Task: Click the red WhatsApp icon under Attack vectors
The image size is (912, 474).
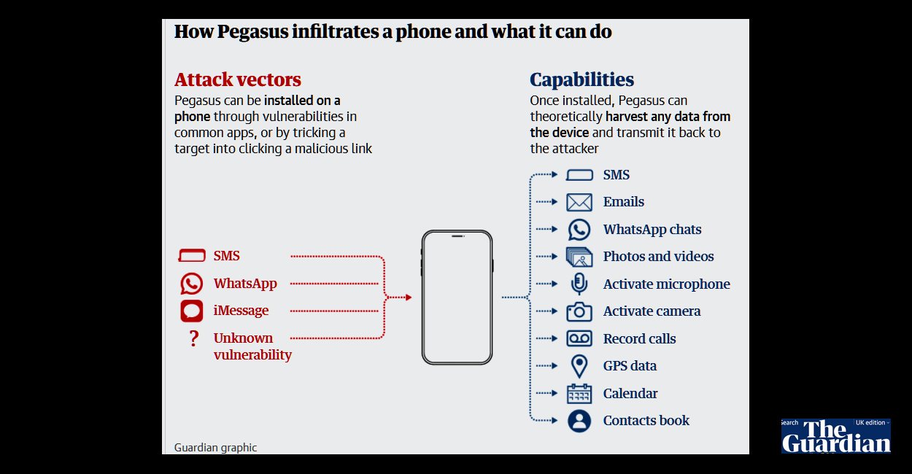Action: tap(191, 284)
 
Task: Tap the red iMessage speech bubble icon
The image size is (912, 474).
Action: tap(191, 311)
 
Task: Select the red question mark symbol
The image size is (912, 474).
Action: tap(194, 338)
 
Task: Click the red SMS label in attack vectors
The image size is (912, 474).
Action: tap(226, 256)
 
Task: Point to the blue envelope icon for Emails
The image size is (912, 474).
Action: tap(579, 202)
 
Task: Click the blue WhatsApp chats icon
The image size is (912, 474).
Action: tap(579, 230)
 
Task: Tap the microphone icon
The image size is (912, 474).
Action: tap(579, 284)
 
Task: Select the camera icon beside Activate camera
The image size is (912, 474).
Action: tap(579, 311)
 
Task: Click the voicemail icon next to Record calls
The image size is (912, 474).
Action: tap(579, 338)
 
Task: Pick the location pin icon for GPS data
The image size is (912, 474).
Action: tap(579, 366)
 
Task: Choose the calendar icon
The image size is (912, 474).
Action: tap(579, 394)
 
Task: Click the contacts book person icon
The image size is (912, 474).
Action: tap(579, 421)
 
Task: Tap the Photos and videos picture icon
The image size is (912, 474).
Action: tap(579, 257)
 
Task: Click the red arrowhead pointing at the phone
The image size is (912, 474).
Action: tap(409, 298)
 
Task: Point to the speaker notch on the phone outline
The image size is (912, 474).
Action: tap(458, 236)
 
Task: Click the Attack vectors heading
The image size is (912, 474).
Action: tap(238, 79)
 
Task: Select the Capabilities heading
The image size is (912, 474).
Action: tap(581, 79)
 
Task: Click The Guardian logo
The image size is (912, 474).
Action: tap(836, 436)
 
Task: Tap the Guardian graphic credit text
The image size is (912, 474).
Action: tap(215, 448)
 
